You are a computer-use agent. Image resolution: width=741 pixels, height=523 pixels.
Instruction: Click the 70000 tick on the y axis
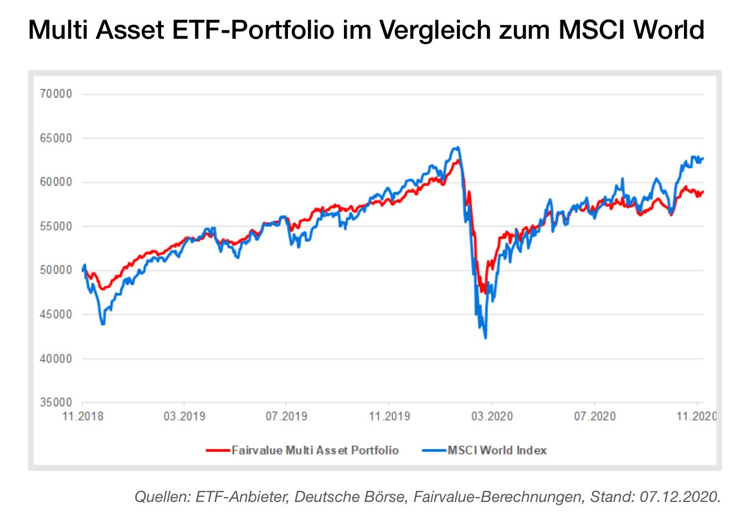[x=56, y=94]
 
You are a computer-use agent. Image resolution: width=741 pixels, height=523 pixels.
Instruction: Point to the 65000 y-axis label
[x=56, y=139]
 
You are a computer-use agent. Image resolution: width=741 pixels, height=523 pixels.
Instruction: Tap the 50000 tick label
[x=56, y=270]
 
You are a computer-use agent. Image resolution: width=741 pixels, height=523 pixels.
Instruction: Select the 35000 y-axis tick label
[x=56, y=403]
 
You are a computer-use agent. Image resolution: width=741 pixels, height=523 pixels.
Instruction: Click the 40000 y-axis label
[x=56, y=359]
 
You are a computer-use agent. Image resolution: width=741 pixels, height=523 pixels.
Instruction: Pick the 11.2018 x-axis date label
[x=83, y=416]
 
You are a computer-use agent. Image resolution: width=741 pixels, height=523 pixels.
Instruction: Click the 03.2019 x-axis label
[x=184, y=416]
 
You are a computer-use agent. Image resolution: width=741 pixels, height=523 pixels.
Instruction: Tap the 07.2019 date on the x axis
[x=286, y=416]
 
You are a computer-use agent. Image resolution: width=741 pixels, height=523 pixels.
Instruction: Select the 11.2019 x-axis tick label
[x=389, y=416]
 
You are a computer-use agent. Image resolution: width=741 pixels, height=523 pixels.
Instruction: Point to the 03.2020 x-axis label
[x=492, y=416]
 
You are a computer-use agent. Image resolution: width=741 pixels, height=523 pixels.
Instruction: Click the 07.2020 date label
[x=594, y=416]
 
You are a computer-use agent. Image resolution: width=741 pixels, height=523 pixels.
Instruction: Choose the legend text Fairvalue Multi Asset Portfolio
[x=315, y=450]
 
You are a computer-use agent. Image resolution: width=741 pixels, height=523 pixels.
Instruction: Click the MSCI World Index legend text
[x=497, y=450]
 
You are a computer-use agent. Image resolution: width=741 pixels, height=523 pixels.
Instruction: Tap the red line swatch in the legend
[x=218, y=450]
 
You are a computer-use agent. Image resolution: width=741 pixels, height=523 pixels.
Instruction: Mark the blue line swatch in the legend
[x=434, y=450]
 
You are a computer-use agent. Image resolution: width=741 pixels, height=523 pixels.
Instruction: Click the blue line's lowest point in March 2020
[x=486, y=337]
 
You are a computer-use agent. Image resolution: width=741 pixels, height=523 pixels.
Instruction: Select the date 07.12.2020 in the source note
[x=679, y=496]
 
